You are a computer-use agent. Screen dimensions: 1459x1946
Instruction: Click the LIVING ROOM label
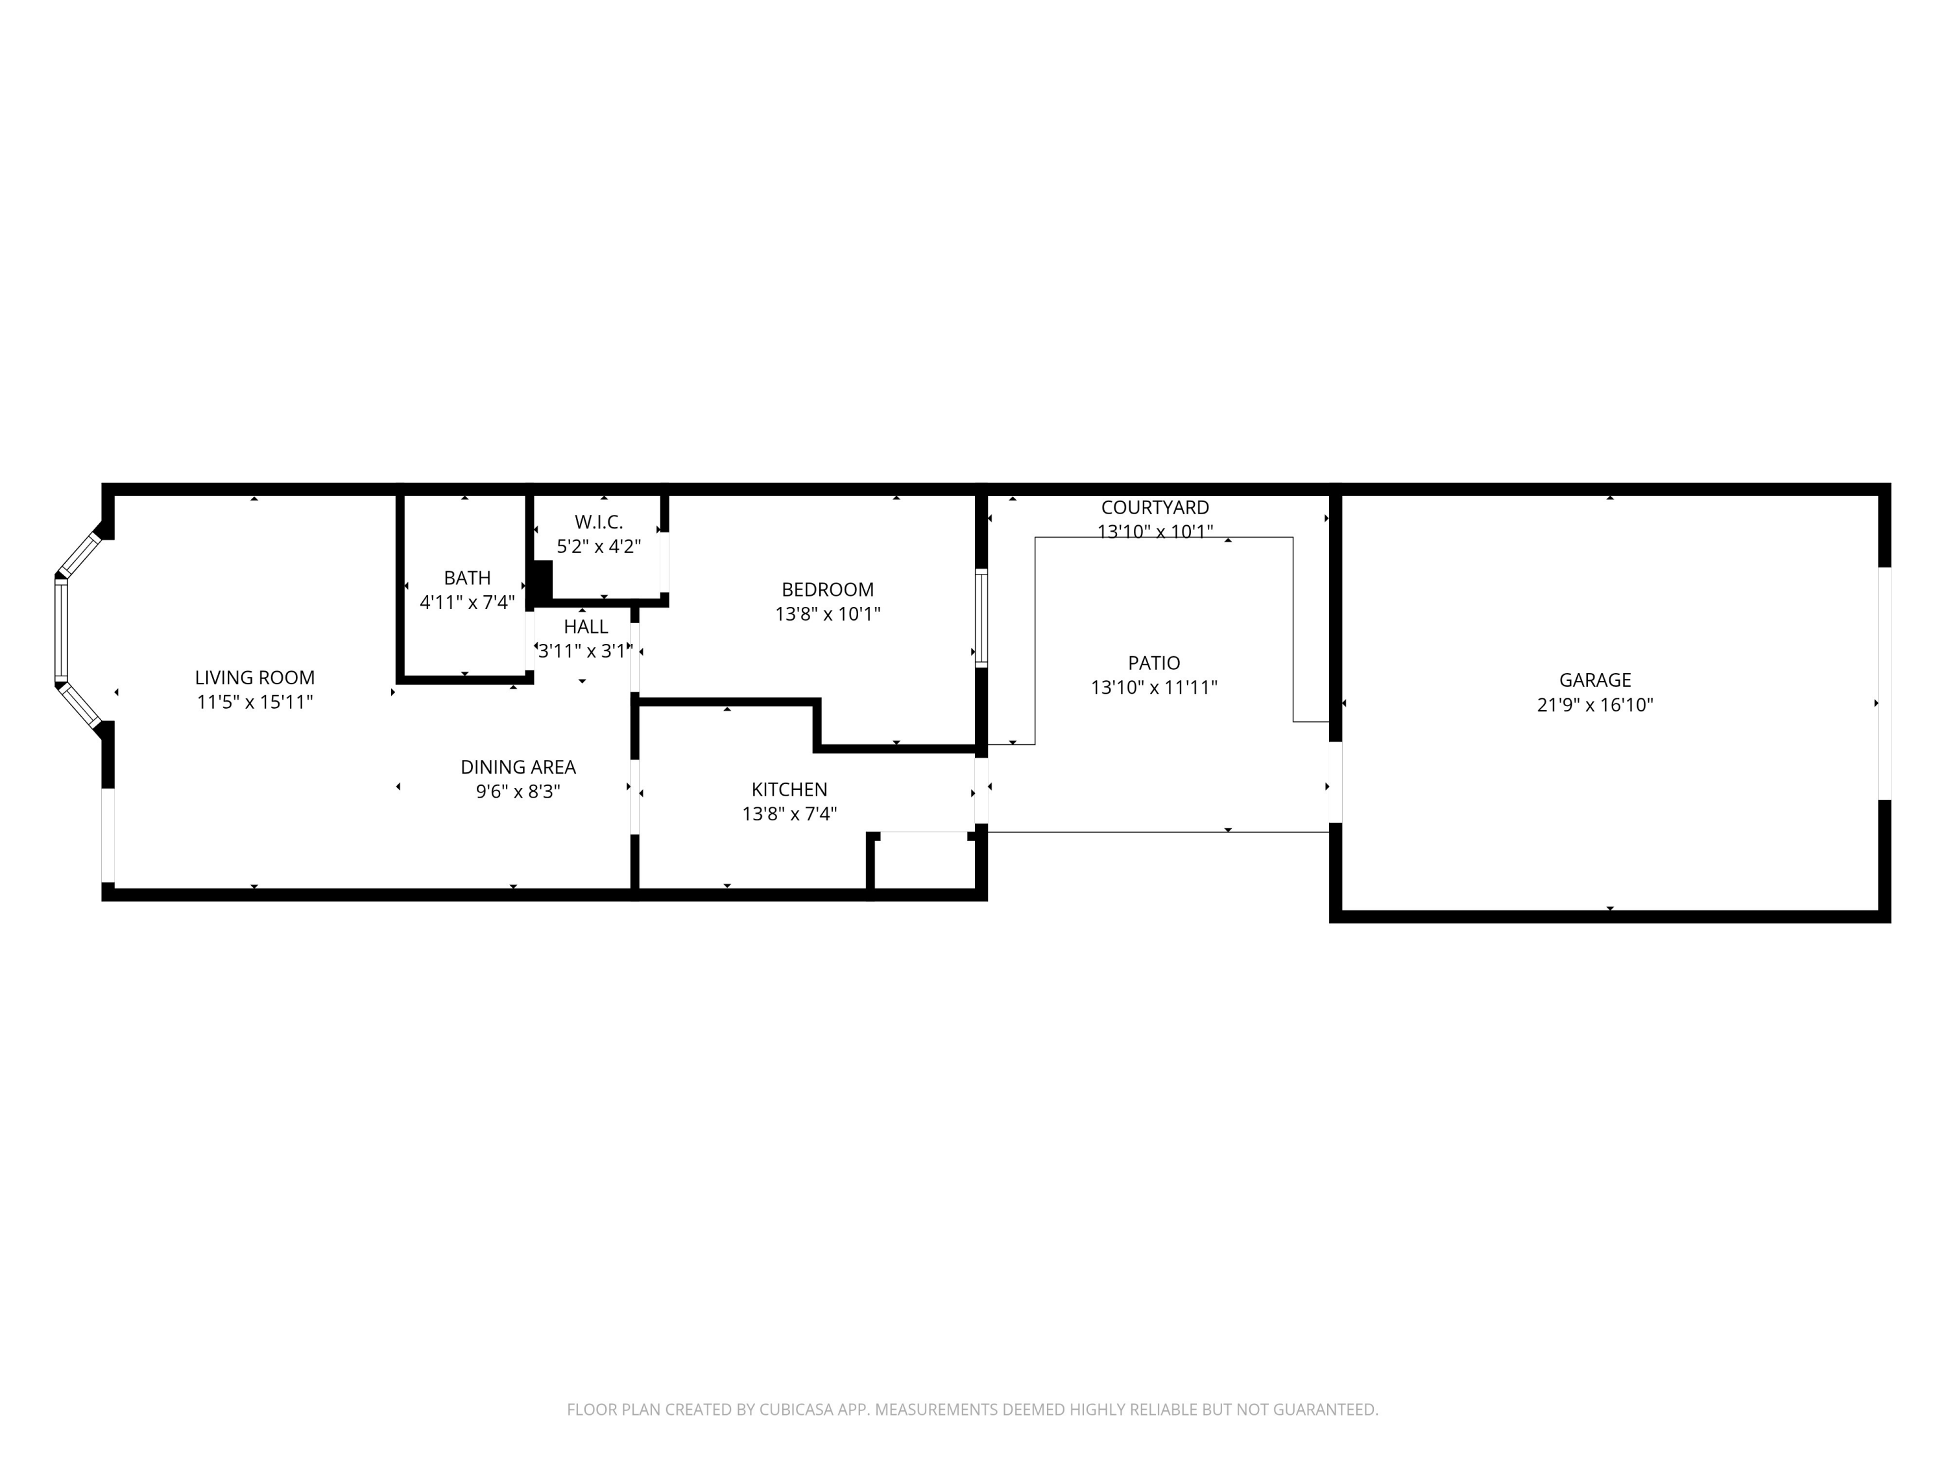254,677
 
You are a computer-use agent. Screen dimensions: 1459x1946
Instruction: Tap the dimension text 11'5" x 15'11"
254,702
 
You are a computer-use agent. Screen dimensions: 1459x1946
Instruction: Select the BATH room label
467,578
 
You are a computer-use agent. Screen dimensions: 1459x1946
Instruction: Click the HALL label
586,626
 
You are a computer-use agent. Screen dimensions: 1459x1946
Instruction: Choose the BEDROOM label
827,589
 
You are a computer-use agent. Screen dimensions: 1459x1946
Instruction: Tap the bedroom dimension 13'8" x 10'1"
827,614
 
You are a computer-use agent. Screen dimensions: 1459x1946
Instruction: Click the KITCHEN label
789,789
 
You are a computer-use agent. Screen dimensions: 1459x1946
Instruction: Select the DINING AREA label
518,767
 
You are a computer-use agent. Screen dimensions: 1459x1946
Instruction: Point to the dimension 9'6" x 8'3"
518,792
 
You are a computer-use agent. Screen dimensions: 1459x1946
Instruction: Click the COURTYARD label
1155,508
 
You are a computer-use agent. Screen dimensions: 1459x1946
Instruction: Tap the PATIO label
1154,662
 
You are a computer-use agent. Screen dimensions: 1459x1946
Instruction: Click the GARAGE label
1595,680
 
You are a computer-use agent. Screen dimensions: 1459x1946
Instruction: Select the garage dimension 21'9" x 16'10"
1595,704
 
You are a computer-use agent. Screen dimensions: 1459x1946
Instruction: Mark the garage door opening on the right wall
1884,683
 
